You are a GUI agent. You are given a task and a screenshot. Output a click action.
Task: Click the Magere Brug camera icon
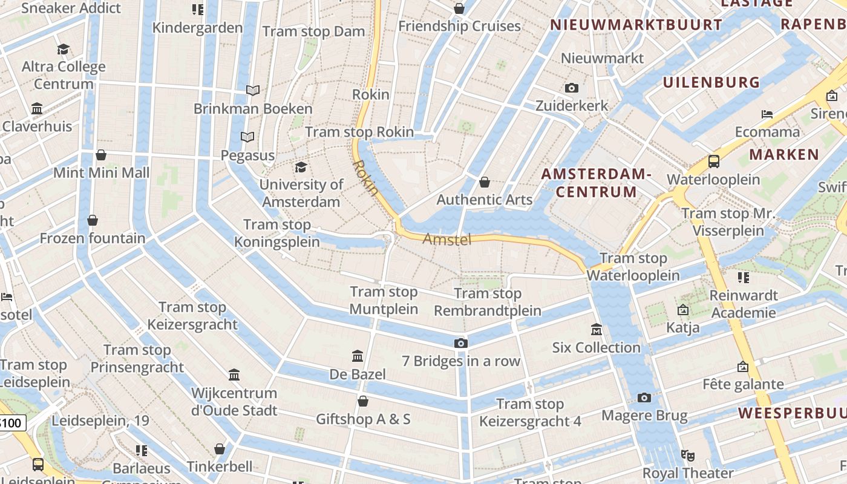click(644, 397)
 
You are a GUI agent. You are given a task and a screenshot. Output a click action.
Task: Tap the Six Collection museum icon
click(597, 330)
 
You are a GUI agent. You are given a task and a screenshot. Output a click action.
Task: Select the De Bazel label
click(358, 374)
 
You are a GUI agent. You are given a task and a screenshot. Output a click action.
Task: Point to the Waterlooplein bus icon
click(714, 162)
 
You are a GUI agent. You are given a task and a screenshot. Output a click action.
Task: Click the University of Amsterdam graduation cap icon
click(301, 167)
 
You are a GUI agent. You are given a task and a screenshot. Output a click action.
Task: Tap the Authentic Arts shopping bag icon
click(485, 182)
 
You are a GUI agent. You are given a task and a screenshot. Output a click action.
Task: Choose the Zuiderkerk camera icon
click(572, 88)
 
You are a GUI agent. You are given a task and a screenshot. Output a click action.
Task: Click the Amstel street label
click(446, 240)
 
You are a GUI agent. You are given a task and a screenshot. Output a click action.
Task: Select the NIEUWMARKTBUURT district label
click(636, 25)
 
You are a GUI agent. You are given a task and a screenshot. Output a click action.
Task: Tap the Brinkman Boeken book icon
click(253, 91)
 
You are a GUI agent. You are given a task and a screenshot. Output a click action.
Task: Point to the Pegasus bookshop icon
click(247, 137)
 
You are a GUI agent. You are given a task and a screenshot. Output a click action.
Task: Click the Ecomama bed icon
click(767, 114)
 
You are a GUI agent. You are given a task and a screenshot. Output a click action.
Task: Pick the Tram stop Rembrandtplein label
click(488, 302)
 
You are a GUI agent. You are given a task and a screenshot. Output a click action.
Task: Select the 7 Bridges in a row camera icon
click(461, 344)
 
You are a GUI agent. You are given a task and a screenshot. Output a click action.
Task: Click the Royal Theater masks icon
click(687, 455)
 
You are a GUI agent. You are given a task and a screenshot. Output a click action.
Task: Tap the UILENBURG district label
click(711, 82)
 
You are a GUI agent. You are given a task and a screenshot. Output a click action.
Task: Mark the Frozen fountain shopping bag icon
click(93, 220)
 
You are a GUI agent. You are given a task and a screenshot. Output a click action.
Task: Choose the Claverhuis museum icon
click(37, 109)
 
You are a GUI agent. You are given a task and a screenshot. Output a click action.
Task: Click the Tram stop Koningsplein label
click(277, 233)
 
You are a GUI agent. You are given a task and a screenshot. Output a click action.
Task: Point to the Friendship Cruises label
click(459, 26)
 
